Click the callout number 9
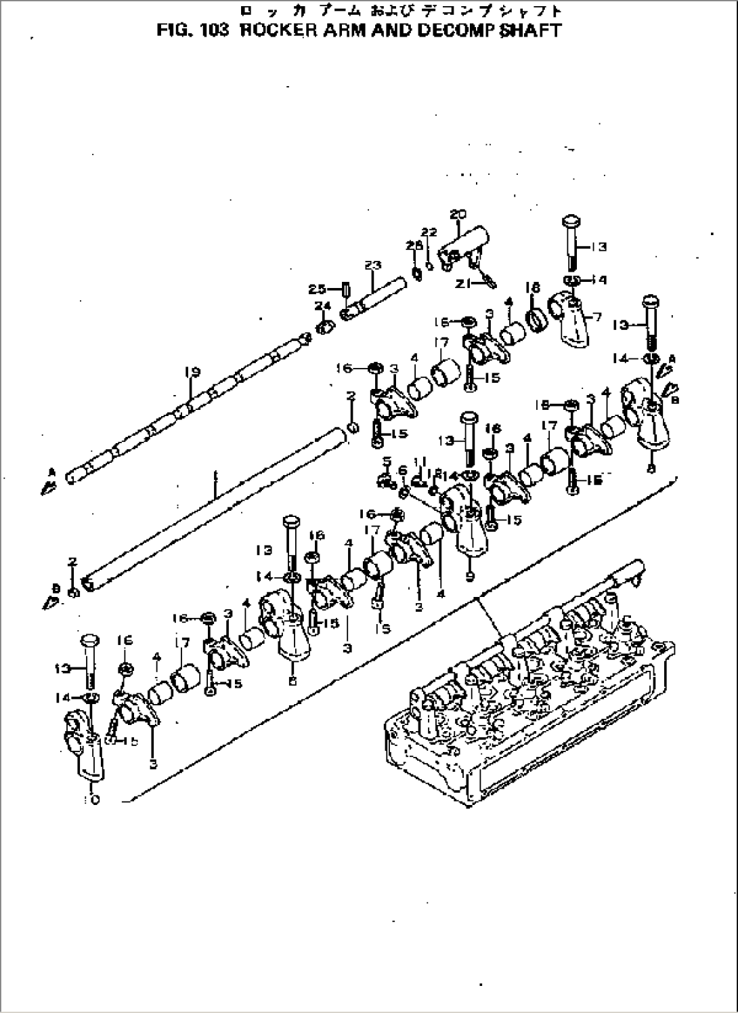pyautogui.click(x=470, y=577)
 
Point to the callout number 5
pyautogui.click(x=387, y=462)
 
